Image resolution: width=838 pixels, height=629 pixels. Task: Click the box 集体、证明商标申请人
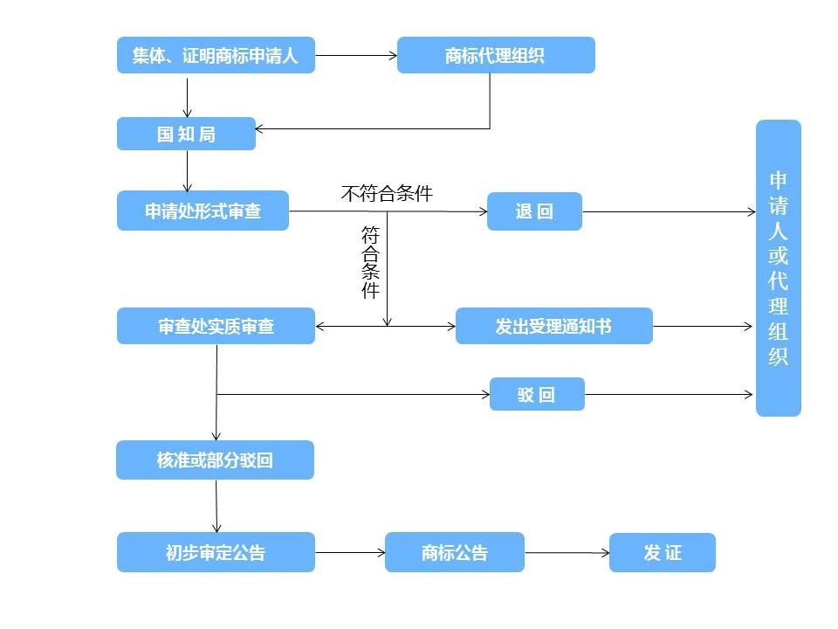pos(216,55)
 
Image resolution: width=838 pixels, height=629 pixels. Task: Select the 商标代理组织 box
pos(496,55)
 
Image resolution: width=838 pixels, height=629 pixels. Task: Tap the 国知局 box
pos(186,134)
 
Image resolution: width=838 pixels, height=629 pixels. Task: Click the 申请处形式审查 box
pos(203,211)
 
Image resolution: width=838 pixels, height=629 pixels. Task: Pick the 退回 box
pos(534,211)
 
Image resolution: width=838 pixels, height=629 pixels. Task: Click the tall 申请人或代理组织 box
pos(778,267)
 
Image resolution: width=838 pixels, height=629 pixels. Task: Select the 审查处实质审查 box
pos(216,326)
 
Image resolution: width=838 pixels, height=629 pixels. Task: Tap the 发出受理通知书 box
pos(553,326)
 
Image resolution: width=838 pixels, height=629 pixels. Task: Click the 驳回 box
pos(536,394)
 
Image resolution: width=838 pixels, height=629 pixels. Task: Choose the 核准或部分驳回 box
pos(215,460)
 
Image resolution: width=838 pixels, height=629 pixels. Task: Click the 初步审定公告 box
pos(216,552)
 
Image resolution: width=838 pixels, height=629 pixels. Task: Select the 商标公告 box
pos(454,552)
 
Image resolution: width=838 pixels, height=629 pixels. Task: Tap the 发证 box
pos(662,552)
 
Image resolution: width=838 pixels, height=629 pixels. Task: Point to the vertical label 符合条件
pos(371,263)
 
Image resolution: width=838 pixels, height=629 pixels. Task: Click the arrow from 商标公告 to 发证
pos(567,552)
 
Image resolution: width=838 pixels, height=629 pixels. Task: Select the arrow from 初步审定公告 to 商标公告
pos(349,552)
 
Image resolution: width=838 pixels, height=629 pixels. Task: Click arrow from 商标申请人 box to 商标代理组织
pos(355,55)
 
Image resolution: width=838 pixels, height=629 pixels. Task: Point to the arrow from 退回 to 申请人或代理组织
pos(668,211)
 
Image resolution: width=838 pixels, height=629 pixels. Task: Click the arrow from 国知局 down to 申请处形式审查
pos(187,170)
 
